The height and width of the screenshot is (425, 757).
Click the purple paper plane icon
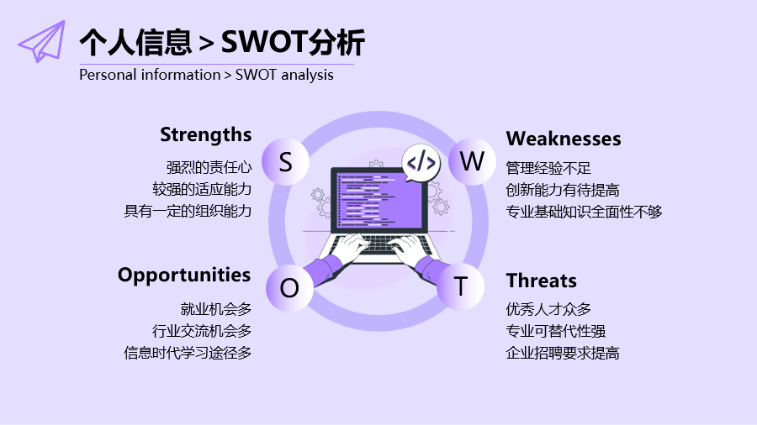click(43, 42)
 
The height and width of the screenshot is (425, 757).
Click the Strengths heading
click(206, 135)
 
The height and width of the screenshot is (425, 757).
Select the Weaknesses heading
click(564, 139)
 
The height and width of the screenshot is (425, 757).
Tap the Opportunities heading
click(184, 275)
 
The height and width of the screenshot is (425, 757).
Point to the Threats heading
click(541, 281)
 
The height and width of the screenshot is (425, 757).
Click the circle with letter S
click(285, 162)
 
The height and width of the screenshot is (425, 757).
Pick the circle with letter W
click(472, 161)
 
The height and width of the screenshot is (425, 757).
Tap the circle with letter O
click(289, 288)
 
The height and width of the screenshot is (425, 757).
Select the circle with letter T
click(461, 286)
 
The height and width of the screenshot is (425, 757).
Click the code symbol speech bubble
click(421, 163)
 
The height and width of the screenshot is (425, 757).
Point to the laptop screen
click(379, 200)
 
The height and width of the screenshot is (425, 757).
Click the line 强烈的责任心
click(209, 168)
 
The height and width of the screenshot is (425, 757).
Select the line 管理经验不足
click(548, 168)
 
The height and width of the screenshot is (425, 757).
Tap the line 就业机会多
click(216, 309)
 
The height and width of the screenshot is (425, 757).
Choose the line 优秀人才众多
click(548, 309)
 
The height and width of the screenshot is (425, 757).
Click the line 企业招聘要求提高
click(563, 353)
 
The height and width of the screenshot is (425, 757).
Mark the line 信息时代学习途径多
click(188, 353)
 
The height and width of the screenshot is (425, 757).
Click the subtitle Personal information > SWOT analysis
click(206, 75)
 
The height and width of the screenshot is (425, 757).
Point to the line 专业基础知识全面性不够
click(585, 212)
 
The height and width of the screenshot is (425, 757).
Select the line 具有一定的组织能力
click(188, 211)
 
